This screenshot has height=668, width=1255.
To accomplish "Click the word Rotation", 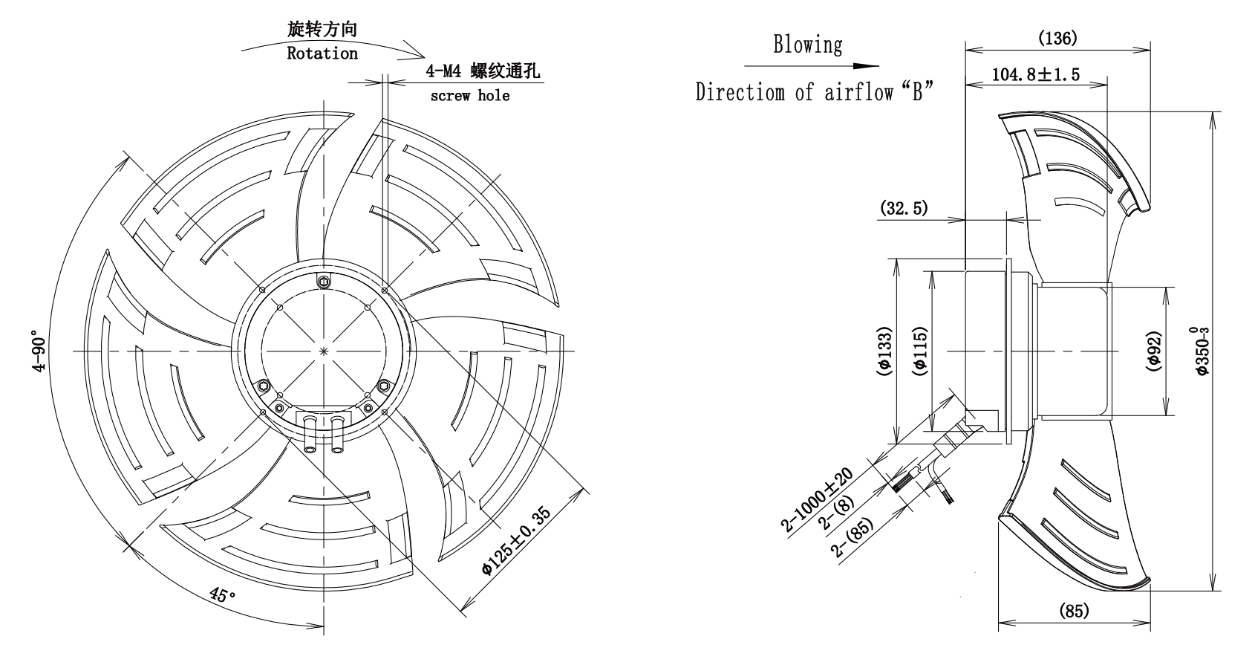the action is (322, 53).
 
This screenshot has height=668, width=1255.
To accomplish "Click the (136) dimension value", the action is (1057, 38).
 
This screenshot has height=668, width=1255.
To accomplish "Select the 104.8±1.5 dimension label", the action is (1036, 74).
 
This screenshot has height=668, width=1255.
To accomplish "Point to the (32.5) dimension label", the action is (904, 209).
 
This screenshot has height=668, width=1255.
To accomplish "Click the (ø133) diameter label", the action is (884, 351).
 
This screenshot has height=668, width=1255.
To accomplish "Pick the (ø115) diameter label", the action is (921, 351).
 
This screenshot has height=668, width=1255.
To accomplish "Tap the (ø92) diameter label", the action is (1154, 351).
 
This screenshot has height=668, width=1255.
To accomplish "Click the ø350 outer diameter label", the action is (1201, 351).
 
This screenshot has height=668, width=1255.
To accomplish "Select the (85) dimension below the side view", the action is (1074, 610).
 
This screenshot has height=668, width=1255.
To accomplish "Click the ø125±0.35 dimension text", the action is (516, 541).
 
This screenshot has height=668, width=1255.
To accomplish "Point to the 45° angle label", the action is (223, 595).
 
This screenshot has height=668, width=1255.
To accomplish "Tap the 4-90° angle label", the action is (39, 351).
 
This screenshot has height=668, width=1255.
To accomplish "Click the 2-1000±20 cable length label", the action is (817, 499).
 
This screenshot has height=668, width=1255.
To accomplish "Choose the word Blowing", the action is (808, 45).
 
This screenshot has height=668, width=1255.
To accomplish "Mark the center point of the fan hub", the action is (324, 351).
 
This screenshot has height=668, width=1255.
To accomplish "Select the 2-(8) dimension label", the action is (836, 512).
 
